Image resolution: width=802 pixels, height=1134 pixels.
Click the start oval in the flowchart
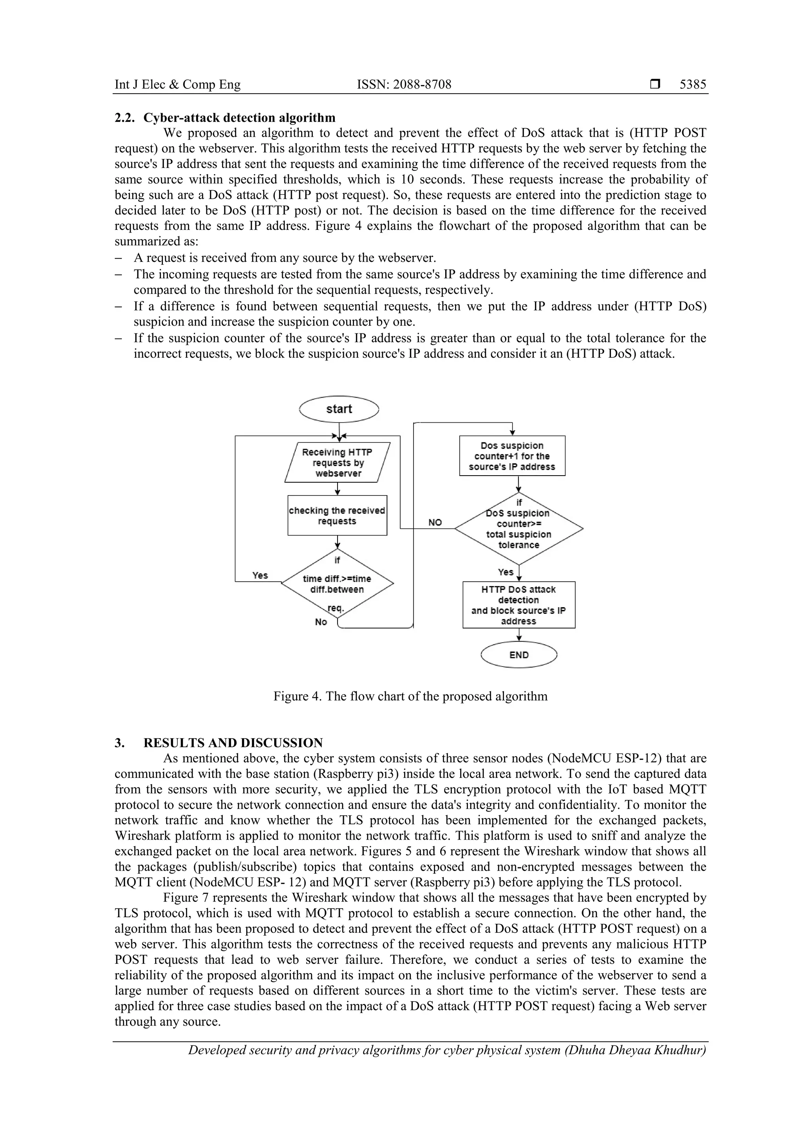tap(339, 409)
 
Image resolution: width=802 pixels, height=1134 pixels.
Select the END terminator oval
tap(519, 655)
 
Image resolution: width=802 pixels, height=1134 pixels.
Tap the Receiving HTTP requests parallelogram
tap(338, 462)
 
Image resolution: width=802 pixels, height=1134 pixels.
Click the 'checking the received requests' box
tap(337, 516)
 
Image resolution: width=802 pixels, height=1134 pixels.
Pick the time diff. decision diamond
tap(338, 583)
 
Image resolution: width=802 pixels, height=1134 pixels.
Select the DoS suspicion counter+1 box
tap(512, 456)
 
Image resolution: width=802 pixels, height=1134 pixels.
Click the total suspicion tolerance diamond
tap(518, 528)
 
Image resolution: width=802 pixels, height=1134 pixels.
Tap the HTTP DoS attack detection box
tap(519, 605)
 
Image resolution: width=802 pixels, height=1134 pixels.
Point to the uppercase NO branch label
tap(435, 523)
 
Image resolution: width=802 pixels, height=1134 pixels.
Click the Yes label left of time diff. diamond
tap(260, 575)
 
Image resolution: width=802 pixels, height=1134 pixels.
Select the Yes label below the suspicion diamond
tap(506, 572)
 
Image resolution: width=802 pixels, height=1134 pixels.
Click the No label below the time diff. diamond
tap(321, 622)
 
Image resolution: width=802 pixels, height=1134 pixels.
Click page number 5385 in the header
tap(693, 85)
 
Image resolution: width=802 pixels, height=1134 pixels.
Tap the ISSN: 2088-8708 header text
tap(404, 85)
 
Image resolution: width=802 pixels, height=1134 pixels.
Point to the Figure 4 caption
tap(410, 696)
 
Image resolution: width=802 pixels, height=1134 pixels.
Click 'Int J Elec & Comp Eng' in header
tap(177, 85)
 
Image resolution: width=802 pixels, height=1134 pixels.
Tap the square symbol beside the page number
tap(655, 85)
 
